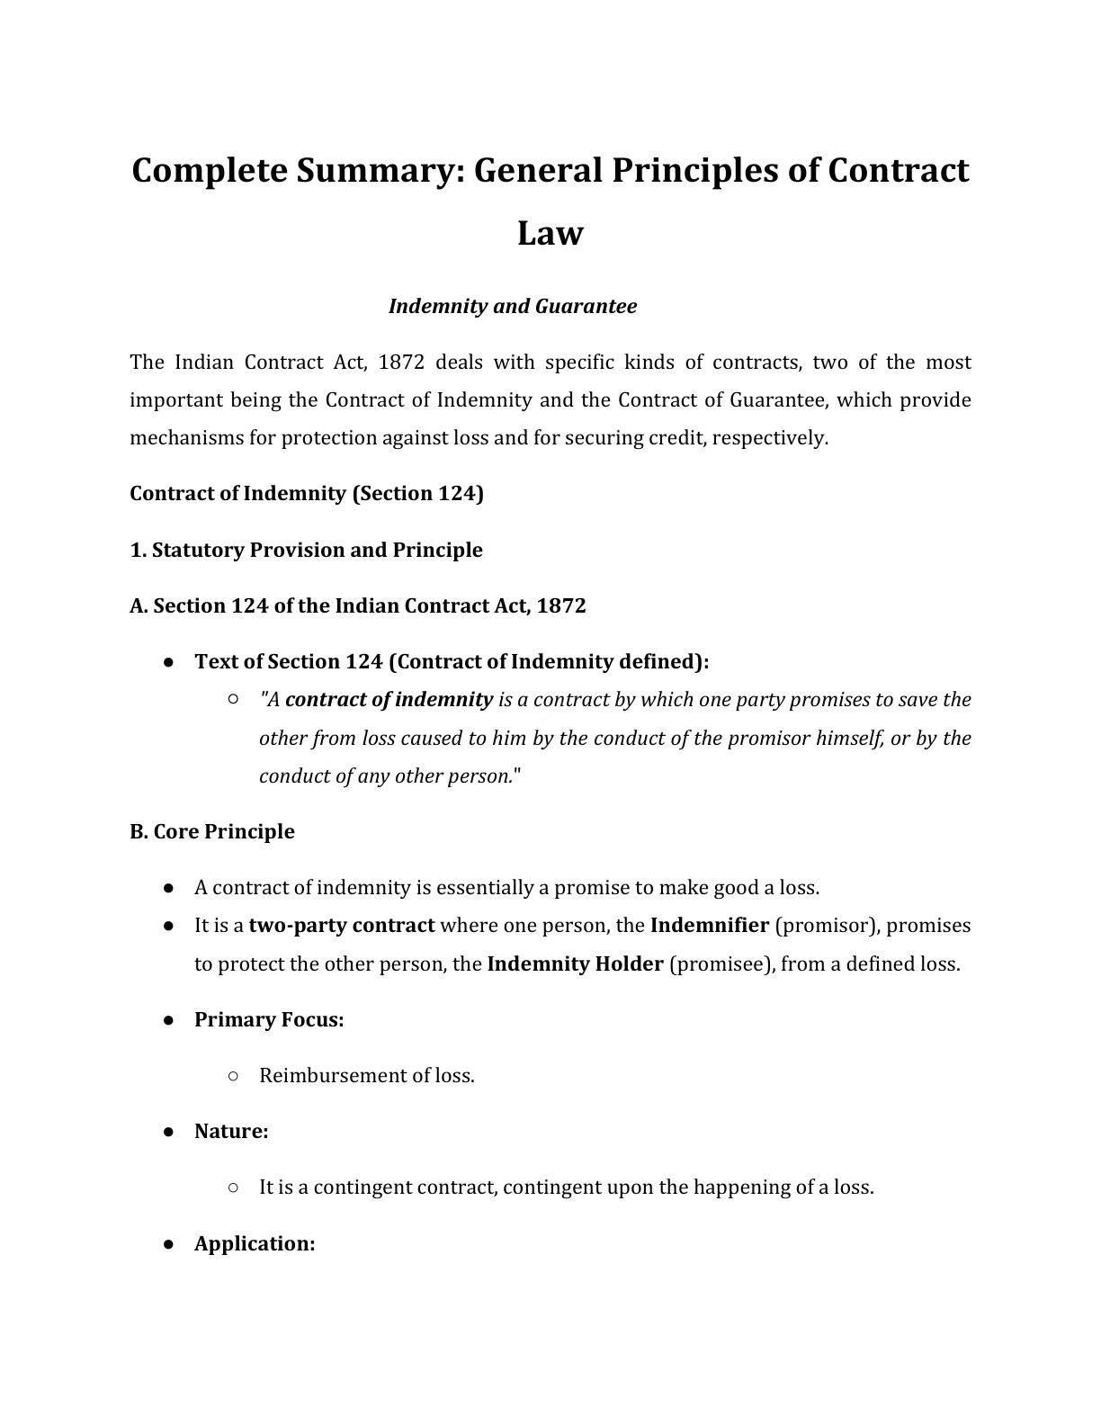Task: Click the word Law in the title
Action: click(550, 233)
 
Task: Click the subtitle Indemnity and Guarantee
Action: click(512, 306)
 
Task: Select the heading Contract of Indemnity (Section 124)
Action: click(307, 493)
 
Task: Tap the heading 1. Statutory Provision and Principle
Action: click(306, 550)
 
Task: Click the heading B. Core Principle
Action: click(212, 831)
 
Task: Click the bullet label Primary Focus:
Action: click(269, 1019)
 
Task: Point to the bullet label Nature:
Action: click(231, 1131)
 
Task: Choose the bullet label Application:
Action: click(255, 1243)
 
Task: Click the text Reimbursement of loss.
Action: click(366, 1075)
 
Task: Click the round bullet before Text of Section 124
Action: click(169, 662)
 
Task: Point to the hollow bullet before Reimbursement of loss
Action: click(233, 1075)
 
